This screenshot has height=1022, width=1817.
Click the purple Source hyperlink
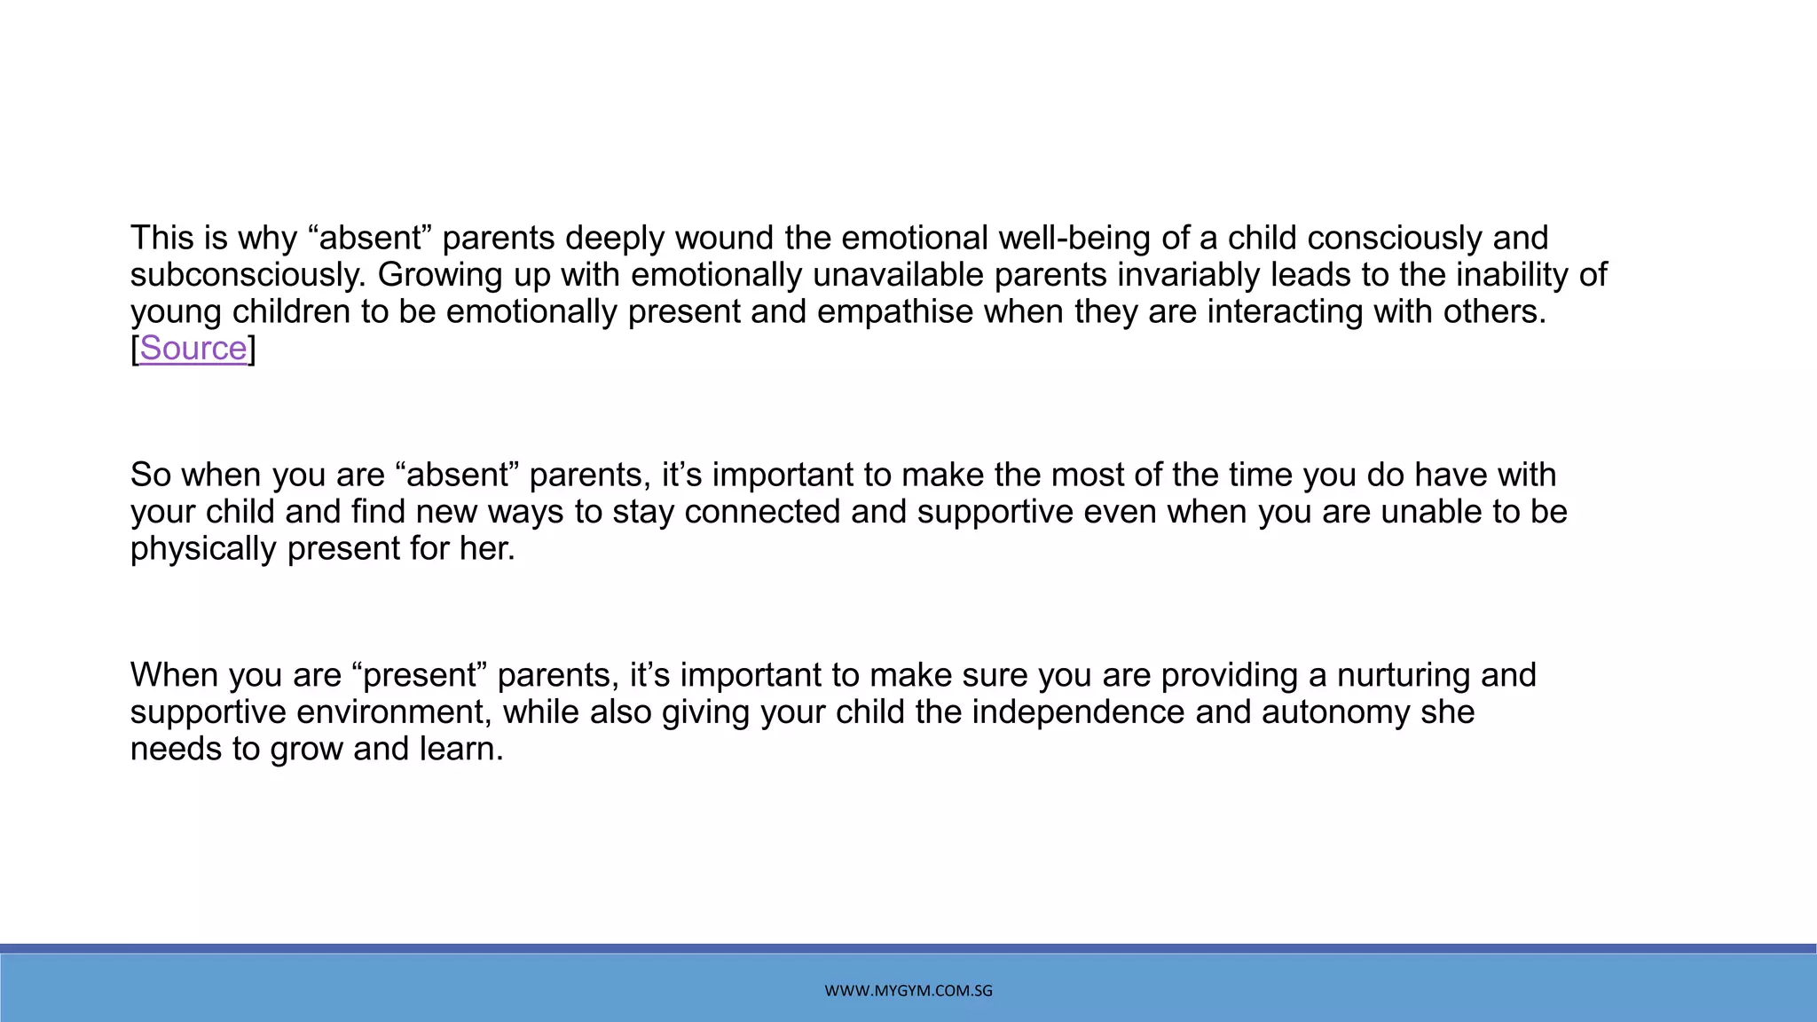[x=193, y=349]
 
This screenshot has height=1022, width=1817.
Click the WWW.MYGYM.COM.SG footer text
[x=908, y=991]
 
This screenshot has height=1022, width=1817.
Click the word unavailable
[x=897, y=276]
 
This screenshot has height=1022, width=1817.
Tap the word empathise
[x=894, y=312]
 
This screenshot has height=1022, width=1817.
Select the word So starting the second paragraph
[x=151, y=476]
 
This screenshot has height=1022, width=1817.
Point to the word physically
[x=203, y=549]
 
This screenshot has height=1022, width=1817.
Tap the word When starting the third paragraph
[x=174, y=676]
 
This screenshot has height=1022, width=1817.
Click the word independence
[x=1078, y=712]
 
